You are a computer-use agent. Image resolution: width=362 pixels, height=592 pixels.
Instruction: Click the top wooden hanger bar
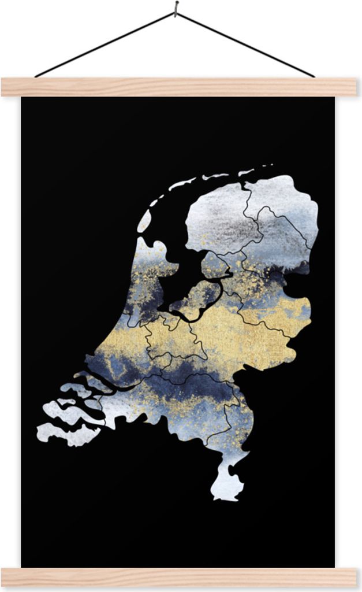[179, 87]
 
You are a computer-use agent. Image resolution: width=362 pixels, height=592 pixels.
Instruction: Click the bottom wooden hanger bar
[179, 576]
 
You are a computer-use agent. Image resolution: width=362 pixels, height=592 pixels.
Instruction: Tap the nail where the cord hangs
[176, 8]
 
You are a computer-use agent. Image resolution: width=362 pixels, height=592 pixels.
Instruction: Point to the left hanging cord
[104, 44]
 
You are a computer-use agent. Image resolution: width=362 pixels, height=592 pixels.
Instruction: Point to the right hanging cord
[245, 44]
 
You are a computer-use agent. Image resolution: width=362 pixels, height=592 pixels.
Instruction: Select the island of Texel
[144, 221]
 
